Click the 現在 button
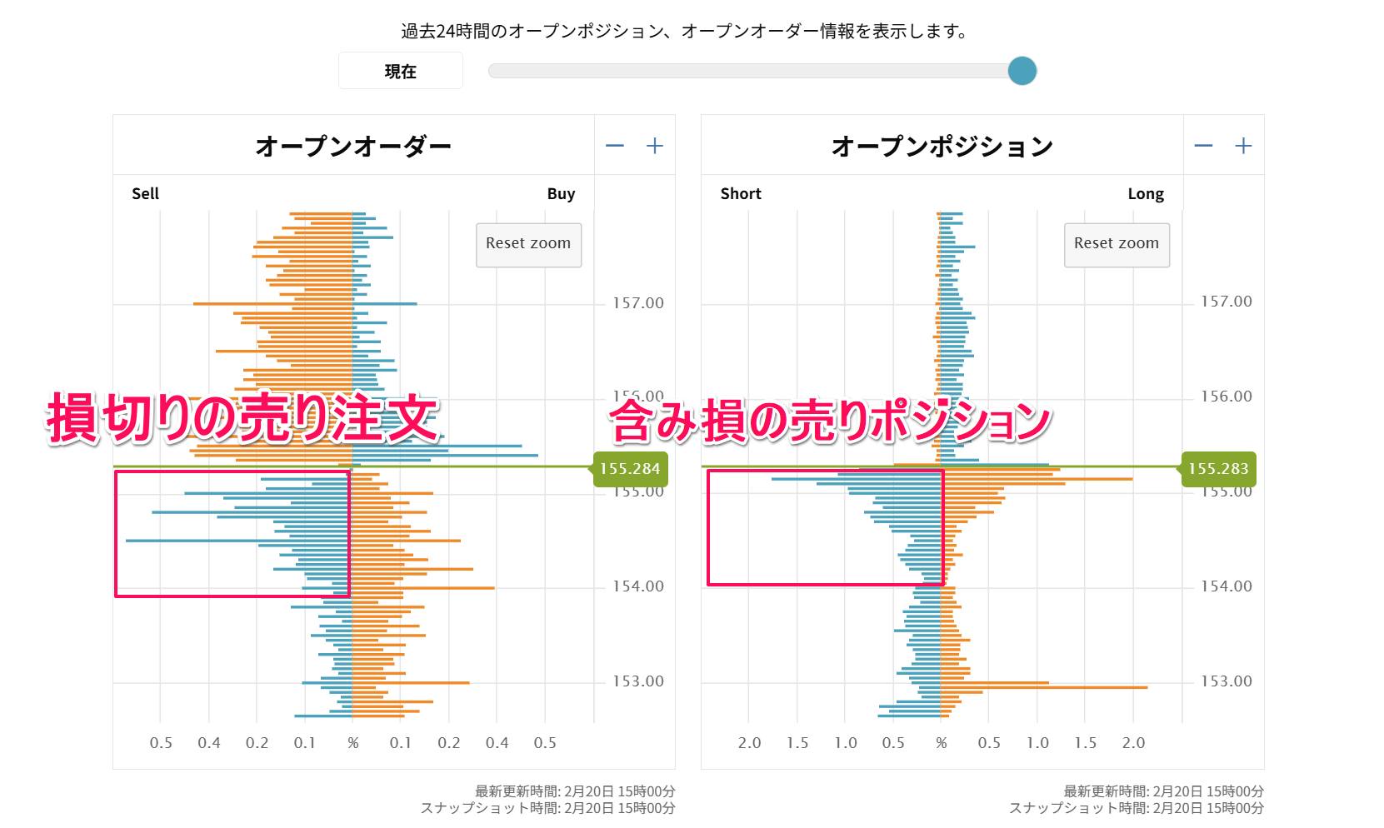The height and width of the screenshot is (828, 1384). tap(400, 71)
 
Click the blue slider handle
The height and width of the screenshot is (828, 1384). tap(1022, 71)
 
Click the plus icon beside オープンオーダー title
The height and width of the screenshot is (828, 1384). tap(655, 146)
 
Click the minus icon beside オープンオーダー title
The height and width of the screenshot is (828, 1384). tap(615, 146)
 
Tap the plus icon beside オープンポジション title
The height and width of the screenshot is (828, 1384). tap(1243, 146)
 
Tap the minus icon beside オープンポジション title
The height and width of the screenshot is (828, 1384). tap(1203, 146)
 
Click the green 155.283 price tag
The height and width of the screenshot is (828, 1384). tap(1218, 469)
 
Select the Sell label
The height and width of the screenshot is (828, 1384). tap(145, 193)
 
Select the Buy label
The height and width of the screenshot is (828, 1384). tap(561, 193)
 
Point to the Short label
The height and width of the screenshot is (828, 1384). tap(741, 193)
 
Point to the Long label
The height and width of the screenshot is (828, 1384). tap(1146, 193)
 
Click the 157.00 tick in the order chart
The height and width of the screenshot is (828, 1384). tap(638, 303)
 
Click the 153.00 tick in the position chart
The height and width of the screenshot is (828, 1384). tap(1226, 681)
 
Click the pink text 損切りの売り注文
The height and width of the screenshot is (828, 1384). tap(242, 418)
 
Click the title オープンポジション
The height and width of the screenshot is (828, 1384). tap(942, 146)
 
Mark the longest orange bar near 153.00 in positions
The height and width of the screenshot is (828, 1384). tap(1045, 687)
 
